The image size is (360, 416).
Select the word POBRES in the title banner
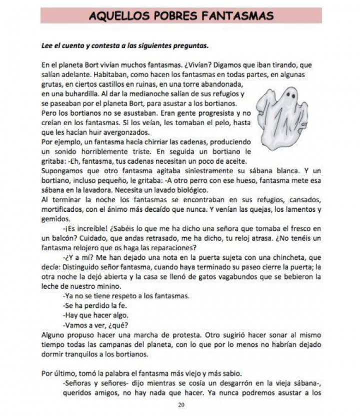pos(175,16)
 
